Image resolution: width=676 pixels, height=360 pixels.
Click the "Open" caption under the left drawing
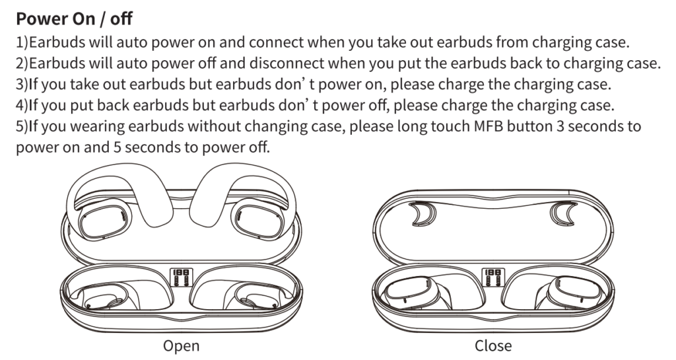tap(181, 345)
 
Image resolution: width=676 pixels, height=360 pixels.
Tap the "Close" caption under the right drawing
tap(492, 345)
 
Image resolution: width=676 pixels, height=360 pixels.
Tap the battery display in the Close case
tap(492, 276)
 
